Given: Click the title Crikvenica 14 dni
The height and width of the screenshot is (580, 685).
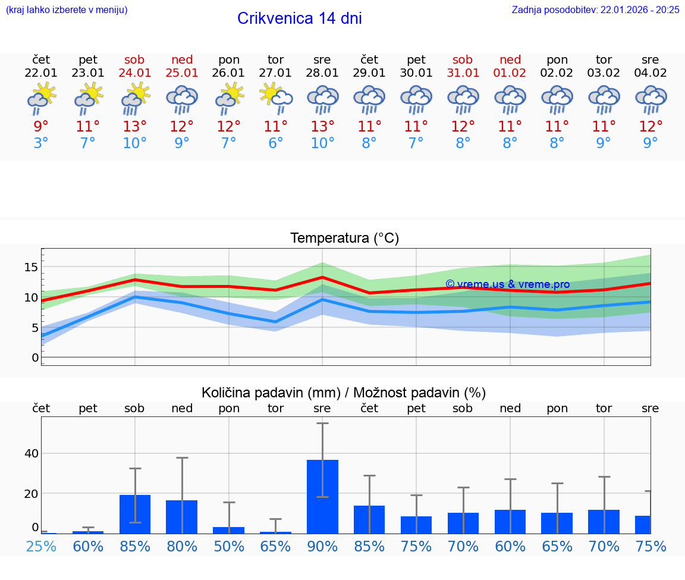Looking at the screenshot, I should point(299,18).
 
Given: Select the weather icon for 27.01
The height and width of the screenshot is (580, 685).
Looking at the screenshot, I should point(275,99).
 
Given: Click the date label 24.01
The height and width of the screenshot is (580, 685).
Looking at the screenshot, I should point(135,73).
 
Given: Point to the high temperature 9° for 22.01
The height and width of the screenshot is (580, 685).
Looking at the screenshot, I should point(41,127).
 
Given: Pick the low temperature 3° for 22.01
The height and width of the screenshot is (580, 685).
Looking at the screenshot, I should point(41,143).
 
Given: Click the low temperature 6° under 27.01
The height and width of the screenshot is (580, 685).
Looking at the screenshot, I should point(275,143).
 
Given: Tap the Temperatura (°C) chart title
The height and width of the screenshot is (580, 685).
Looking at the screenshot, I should point(344,239).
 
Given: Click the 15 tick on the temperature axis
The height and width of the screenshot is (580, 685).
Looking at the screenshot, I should point(31,268).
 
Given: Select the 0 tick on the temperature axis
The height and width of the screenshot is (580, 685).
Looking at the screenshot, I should point(34,358).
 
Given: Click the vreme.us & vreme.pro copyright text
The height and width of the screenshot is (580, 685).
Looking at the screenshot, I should point(507,284).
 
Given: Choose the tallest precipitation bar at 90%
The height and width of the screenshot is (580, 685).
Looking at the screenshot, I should point(322,496).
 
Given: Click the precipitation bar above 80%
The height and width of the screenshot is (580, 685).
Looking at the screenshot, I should point(181,516).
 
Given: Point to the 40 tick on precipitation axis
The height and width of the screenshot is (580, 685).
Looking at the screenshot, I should point(31,453).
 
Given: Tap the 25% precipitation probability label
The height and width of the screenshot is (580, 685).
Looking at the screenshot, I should point(41,546).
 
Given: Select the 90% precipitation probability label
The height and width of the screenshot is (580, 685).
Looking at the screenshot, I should point(322,546).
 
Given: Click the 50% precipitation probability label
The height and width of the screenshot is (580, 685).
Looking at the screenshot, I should point(229,546).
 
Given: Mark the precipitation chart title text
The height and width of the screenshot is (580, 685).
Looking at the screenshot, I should point(344,393).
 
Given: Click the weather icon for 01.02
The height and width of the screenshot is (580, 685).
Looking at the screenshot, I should point(510,99).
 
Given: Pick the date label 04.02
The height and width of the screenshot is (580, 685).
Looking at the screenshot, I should point(651,73).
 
